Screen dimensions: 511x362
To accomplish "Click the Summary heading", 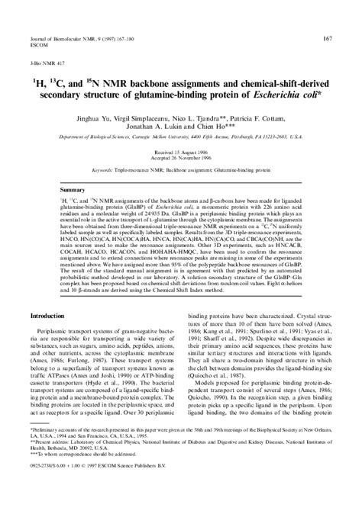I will [x=73, y=189].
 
